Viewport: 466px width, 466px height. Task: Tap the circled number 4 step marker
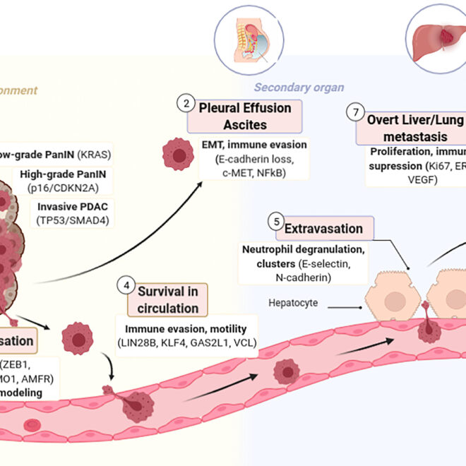point(126,287)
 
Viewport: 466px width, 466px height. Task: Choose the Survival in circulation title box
point(168,299)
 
